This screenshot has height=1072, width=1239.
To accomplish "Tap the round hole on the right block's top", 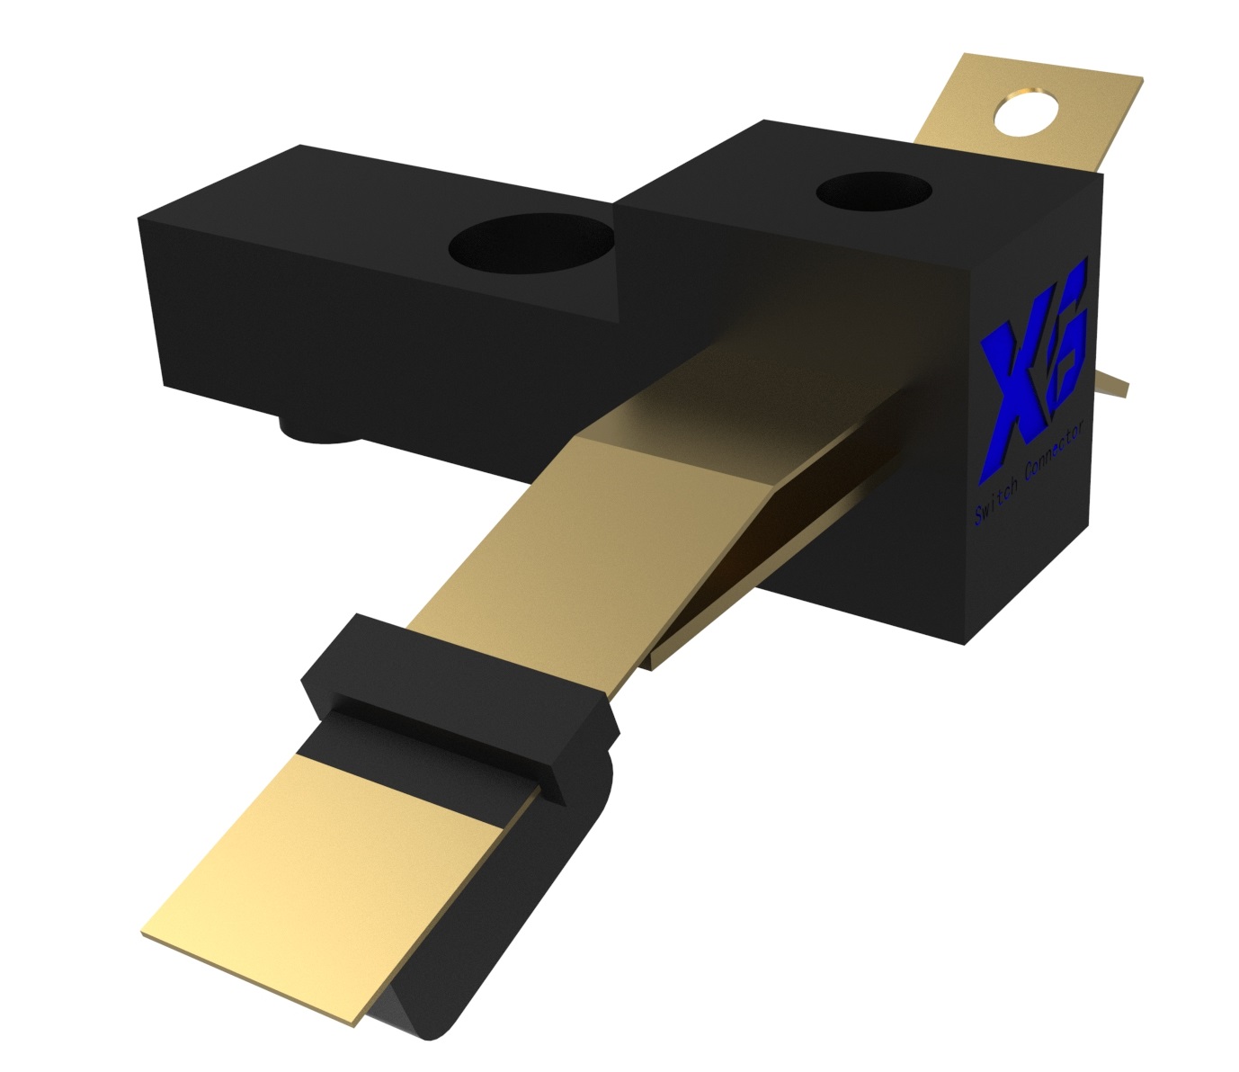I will (x=874, y=191).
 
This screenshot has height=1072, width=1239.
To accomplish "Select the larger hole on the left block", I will (x=532, y=244).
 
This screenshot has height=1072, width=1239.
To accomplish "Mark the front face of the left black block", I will (x=378, y=333).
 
